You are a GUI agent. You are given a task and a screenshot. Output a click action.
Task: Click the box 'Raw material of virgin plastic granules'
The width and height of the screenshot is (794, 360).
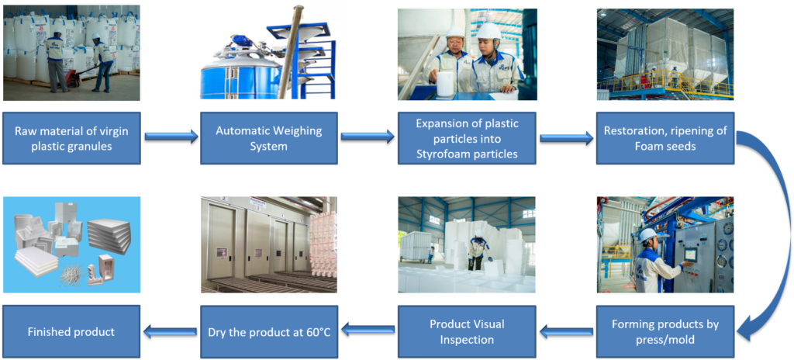[x=71, y=138]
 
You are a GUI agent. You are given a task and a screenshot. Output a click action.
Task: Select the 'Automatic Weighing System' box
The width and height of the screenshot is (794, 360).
[x=269, y=138]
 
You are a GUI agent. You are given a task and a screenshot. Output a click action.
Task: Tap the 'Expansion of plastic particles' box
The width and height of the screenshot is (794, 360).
[x=466, y=138]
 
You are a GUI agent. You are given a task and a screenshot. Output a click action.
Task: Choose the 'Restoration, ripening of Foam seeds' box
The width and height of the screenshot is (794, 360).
[x=665, y=138]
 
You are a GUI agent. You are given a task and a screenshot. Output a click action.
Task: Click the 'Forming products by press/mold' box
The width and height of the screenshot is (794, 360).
[x=665, y=331]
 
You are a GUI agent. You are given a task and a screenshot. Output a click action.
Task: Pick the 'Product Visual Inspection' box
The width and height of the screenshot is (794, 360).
[x=466, y=331]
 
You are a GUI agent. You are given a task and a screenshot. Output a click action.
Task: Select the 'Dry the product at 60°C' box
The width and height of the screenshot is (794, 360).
[x=269, y=331]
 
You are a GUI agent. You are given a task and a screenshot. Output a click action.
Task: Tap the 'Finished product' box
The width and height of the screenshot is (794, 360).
[x=71, y=331]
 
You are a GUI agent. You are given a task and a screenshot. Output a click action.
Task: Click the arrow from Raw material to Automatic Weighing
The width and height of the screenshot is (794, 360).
[x=171, y=136]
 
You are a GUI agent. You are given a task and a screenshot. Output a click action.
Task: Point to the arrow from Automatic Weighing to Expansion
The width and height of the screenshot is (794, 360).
[x=368, y=136]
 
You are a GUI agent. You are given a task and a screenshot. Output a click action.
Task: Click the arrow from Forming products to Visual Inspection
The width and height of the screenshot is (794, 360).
[x=565, y=332]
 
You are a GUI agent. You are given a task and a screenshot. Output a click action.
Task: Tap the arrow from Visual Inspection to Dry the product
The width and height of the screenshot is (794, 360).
[x=368, y=330]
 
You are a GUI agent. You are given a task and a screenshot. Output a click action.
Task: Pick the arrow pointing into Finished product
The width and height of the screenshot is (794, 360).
[x=170, y=332]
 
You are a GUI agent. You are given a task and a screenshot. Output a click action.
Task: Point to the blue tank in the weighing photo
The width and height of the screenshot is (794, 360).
[x=241, y=74]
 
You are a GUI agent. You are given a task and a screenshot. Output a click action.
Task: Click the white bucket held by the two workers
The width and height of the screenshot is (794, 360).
[x=445, y=84]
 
